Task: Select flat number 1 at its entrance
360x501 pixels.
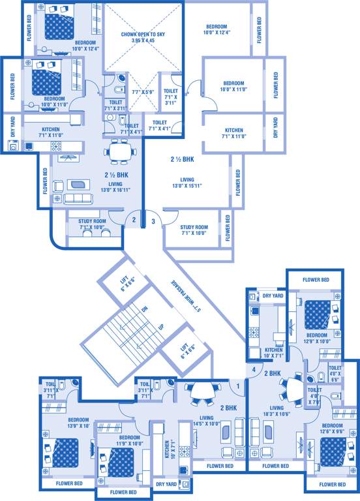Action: (x=239, y=386)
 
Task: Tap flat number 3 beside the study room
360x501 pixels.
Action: (x=153, y=221)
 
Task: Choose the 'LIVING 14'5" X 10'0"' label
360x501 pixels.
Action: (x=207, y=421)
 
